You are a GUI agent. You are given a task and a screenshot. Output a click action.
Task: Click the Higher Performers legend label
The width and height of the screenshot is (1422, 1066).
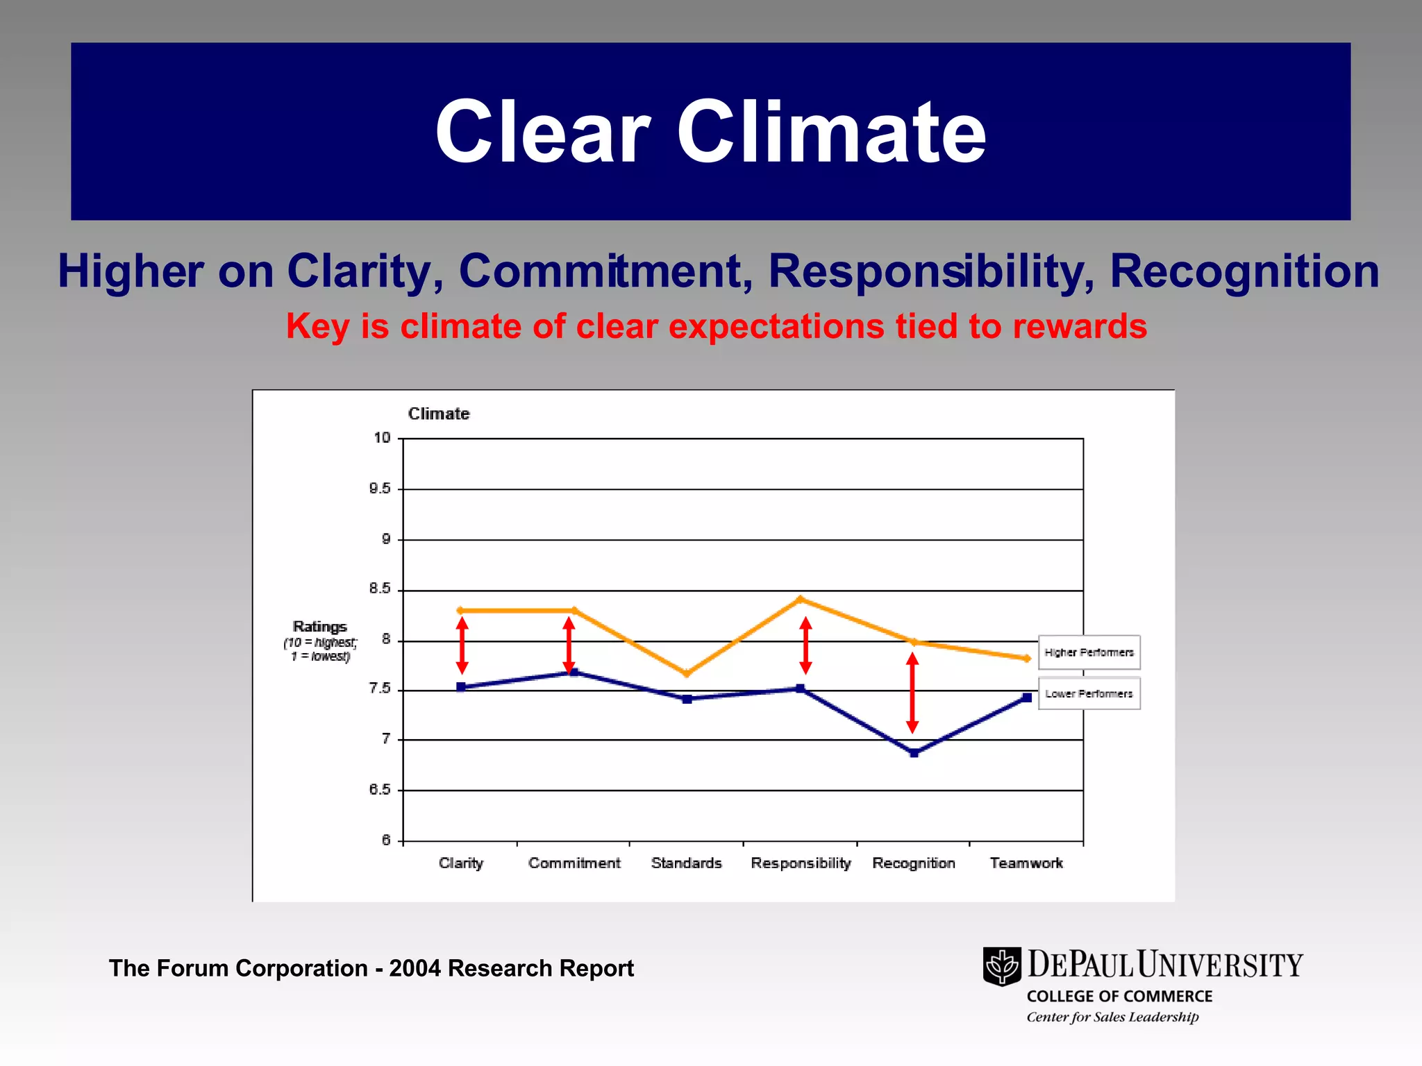[x=1089, y=652]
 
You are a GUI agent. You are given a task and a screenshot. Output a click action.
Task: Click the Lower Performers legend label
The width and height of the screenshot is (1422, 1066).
[x=1089, y=693]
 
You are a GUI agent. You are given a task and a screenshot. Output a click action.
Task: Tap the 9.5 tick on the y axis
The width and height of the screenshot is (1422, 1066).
[x=380, y=489]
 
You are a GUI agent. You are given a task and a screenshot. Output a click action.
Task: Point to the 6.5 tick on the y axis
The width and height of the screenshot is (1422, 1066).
[x=380, y=790]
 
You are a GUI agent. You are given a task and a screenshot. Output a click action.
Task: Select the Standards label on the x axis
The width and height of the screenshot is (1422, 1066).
[x=686, y=863]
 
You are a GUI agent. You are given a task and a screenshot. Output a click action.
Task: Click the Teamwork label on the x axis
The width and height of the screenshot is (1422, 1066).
[x=1026, y=863]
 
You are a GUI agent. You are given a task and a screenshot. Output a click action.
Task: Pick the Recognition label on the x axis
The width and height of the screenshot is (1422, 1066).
[x=914, y=863]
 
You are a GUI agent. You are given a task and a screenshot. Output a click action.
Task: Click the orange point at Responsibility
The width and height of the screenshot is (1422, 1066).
[x=801, y=599]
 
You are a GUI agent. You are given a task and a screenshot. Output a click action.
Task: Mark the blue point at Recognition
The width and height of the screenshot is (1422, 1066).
[x=914, y=753]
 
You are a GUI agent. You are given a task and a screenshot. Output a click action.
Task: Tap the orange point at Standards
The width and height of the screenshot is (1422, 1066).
[x=687, y=673]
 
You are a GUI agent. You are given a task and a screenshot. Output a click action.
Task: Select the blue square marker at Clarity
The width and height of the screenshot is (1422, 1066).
[x=461, y=687]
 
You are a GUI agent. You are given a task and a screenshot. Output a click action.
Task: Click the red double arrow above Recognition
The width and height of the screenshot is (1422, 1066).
[x=913, y=693]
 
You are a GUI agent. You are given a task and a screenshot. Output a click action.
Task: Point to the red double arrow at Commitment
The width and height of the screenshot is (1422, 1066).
[x=569, y=645]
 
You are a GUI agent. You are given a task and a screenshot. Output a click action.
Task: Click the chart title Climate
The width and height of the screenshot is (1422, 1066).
[x=439, y=414]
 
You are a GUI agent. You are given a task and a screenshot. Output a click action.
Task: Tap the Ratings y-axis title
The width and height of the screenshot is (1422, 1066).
[x=319, y=627]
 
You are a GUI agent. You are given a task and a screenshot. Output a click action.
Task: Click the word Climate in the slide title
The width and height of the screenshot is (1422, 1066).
[x=831, y=132]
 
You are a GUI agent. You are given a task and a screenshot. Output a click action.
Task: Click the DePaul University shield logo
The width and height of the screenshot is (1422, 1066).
[x=1002, y=966]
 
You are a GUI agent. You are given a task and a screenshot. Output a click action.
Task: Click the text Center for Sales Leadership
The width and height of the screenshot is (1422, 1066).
[x=1112, y=1017]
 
